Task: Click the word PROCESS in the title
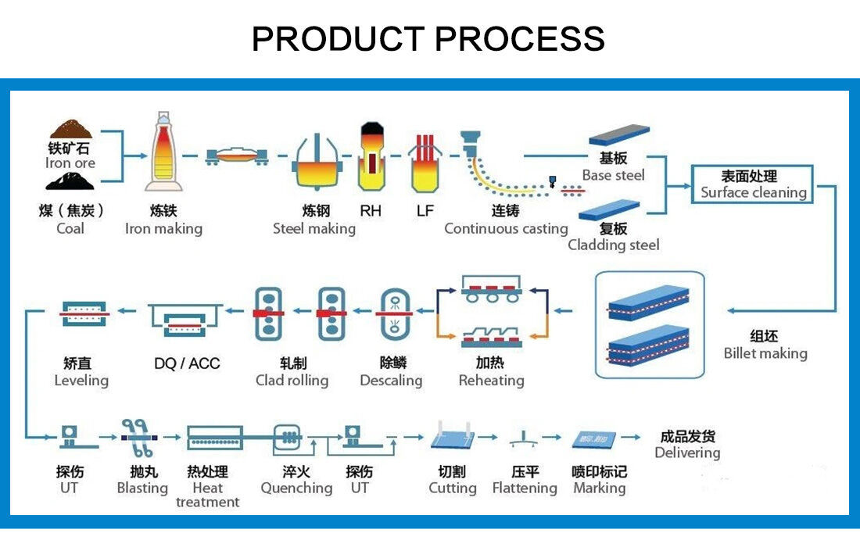(520, 38)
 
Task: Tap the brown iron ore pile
(70, 128)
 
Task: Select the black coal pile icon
(70, 181)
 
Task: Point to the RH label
(371, 210)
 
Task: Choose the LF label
(425, 210)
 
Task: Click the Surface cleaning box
(753, 184)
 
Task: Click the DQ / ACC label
(187, 363)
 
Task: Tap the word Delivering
(687, 453)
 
